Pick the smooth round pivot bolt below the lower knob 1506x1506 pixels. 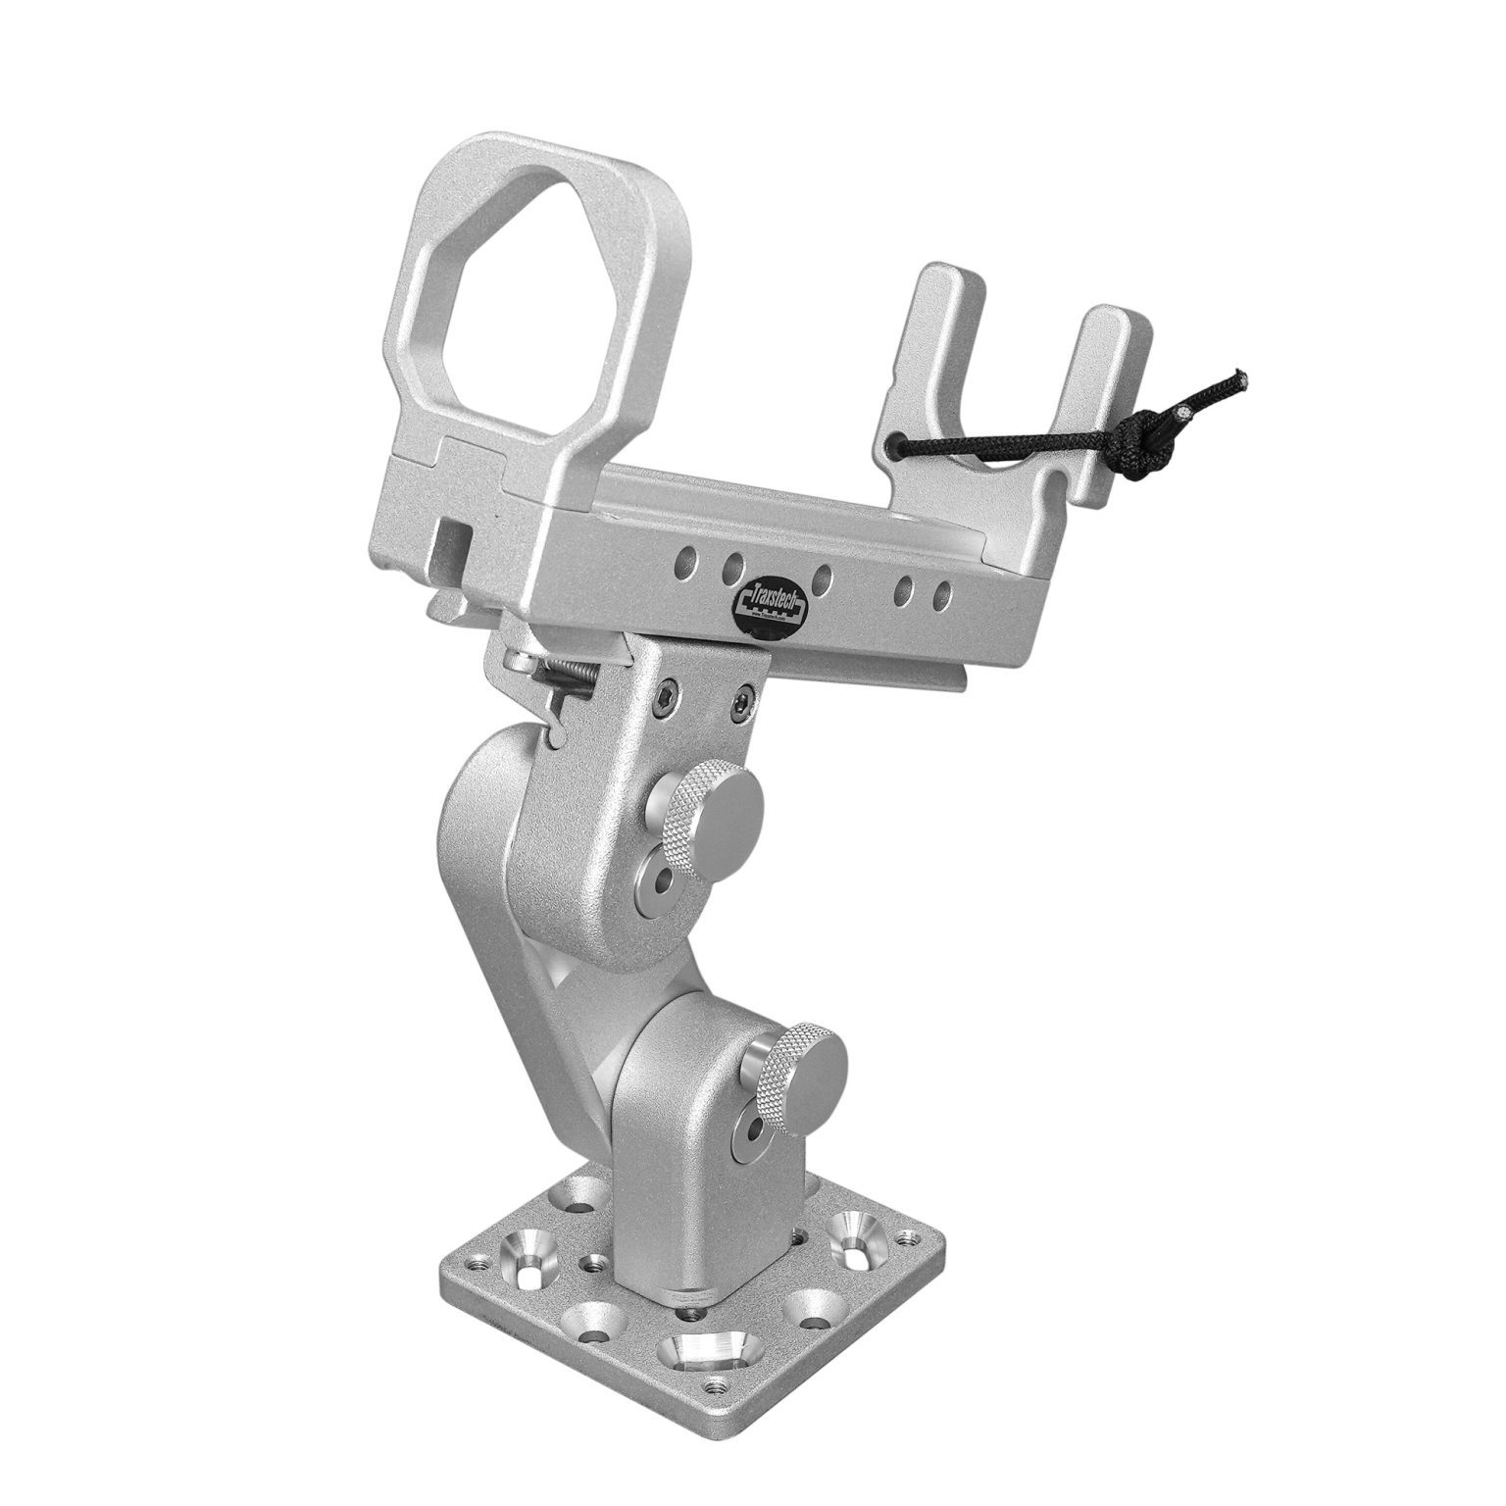pos(752,1133)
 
